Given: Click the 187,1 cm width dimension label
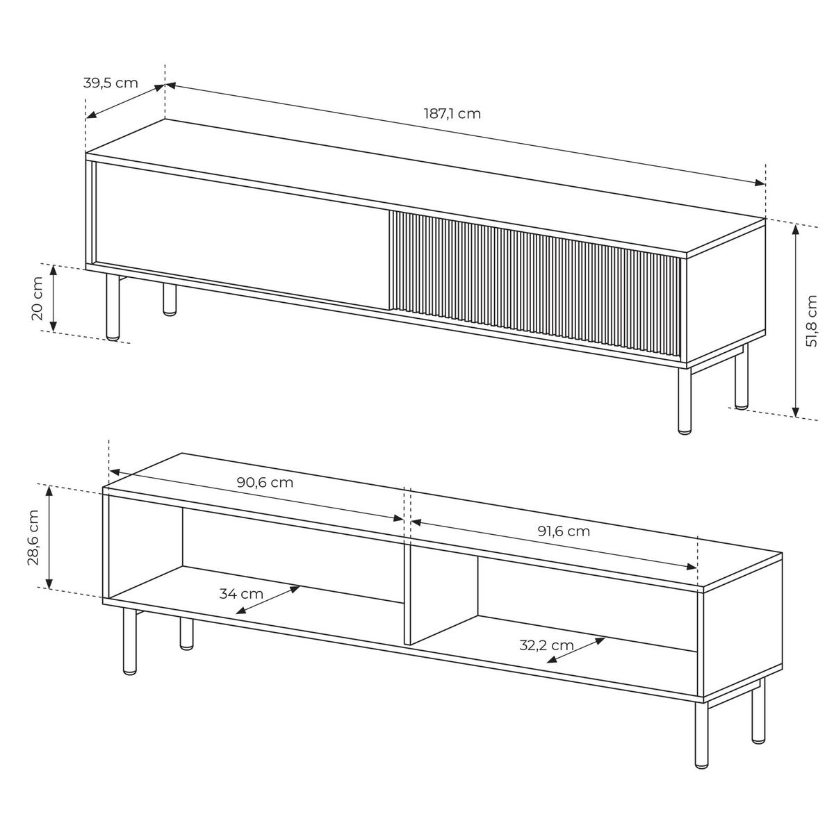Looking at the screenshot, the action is (x=452, y=114).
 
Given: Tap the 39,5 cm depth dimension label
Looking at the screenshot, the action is (x=111, y=83).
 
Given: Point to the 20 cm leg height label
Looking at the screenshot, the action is (x=38, y=299).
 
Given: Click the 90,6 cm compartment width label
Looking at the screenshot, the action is (x=265, y=482).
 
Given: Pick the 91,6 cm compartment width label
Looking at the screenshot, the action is (x=564, y=531).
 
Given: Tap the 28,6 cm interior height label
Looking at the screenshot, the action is (x=33, y=538).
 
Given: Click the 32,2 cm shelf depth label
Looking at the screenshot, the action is (x=546, y=645).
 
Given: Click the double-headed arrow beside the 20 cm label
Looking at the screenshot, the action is (x=54, y=299).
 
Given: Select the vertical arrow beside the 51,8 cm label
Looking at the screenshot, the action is (x=795, y=320).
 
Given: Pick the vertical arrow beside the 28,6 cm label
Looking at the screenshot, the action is (x=49, y=538).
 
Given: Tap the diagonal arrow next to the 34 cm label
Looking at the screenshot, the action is (x=268, y=600).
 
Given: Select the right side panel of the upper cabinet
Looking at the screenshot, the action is (x=726, y=290).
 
